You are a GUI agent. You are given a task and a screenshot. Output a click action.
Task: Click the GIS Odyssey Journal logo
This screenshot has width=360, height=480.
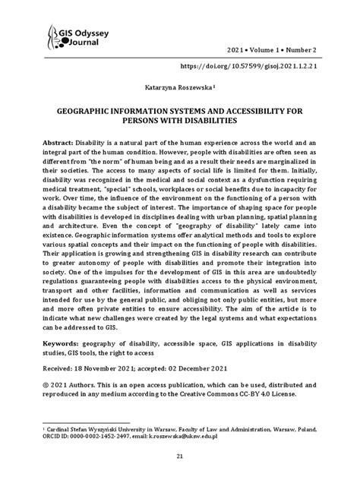click(77, 34)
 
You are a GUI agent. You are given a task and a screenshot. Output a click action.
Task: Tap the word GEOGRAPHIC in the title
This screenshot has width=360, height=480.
click(88, 110)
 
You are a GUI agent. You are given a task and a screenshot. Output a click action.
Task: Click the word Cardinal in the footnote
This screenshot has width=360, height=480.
click(63, 428)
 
